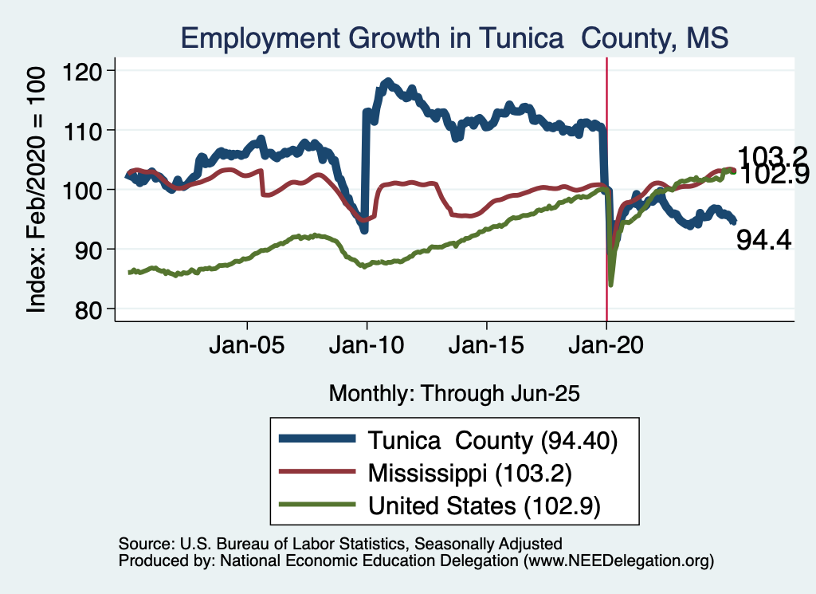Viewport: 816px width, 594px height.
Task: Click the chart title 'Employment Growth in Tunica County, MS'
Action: pos(454,37)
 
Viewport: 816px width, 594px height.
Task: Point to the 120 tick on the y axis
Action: pos(91,71)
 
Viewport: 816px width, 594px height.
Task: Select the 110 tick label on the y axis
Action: pos(91,131)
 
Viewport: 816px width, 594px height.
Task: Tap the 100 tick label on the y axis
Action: pos(91,190)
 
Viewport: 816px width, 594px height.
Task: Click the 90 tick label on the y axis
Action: pos(96,250)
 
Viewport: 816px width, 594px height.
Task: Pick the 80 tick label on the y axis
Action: pos(96,309)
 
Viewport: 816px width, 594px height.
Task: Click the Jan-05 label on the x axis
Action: pos(247,348)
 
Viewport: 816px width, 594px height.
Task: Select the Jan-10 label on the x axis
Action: pos(367,348)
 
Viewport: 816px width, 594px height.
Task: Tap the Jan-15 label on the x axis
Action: pos(487,348)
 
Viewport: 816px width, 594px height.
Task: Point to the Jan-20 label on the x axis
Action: pos(606,348)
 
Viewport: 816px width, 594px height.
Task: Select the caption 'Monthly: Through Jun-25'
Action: pos(453,393)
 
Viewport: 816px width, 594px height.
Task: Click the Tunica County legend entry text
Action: pos(492,440)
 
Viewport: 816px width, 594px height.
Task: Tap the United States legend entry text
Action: pos(483,505)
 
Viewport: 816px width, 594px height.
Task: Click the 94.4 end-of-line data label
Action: pos(763,239)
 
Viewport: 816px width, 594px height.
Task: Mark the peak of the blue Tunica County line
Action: pos(388,81)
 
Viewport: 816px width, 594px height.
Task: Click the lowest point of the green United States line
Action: pos(611,284)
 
